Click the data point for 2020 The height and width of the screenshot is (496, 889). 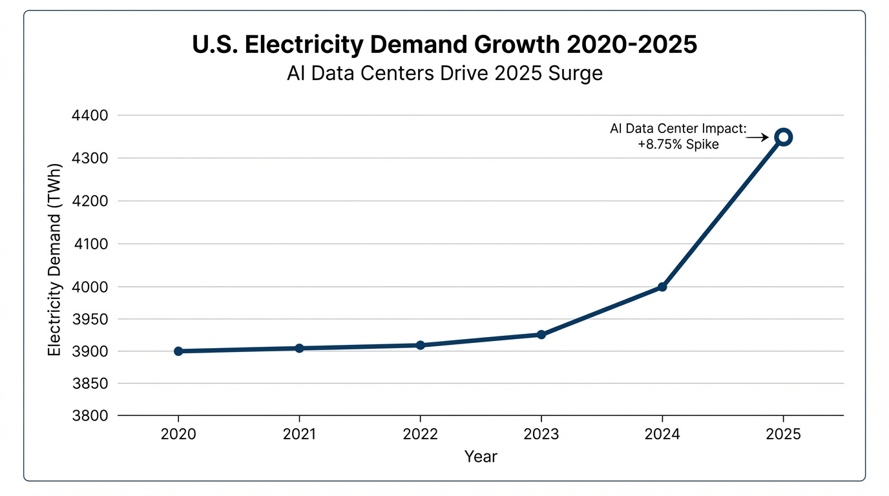click(178, 351)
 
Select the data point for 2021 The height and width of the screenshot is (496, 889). click(299, 348)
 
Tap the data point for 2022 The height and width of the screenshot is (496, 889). click(421, 346)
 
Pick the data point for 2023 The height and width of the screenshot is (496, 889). click(541, 335)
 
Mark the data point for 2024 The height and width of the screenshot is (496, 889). click(662, 287)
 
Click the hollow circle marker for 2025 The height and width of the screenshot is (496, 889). click(783, 137)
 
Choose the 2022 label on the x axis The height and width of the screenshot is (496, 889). click(421, 434)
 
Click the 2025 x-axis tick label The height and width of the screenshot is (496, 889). click(783, 434)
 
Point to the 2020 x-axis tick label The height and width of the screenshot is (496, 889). click(178, 434)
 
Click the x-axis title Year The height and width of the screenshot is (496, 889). click(481, 457)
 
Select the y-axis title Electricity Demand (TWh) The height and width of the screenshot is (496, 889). click(55, 266)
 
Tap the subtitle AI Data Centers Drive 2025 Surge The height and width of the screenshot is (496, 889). click(444, 73)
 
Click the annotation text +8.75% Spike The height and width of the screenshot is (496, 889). click(678, 144)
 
